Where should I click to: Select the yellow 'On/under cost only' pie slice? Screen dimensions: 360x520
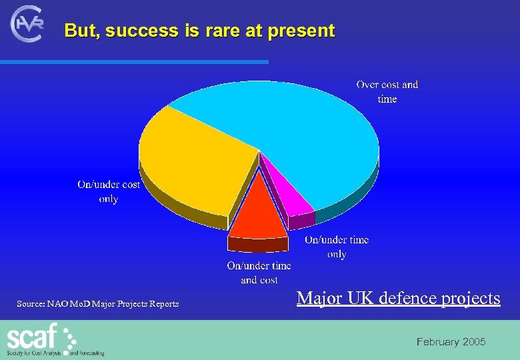tap(193, 167)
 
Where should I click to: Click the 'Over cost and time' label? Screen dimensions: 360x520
tap(387, 91)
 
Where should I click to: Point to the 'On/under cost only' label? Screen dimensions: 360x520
tap(109, 191)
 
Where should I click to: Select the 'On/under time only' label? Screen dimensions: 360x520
tap(337, 247)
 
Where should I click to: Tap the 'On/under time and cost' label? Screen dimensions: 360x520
tap(259, 273)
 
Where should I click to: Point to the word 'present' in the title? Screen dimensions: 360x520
tap(303, 31)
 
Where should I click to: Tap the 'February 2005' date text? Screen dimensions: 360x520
tap(451, 342)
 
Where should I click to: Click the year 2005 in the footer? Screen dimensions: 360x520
tap(473, 342)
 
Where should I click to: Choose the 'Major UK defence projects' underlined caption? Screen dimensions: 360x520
tap(398, 298)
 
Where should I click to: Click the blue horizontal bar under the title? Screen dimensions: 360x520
tap(133, 62)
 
